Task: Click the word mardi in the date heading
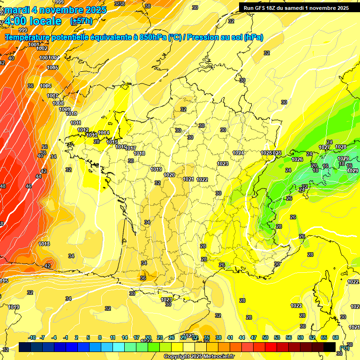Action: coord(17,10)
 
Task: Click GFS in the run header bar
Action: coord(265,8)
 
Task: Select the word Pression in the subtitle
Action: coord(202,37)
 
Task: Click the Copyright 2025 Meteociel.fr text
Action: coord(198,356)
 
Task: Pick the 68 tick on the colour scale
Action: coord(336,337)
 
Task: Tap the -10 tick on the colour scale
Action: coord(32,337)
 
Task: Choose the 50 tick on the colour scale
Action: coord(265,337)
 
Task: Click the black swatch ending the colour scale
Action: coord(330,347)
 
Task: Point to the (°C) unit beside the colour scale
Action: coord(345,347)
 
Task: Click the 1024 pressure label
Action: coord(238,153)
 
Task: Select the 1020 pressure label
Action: coord(169,175)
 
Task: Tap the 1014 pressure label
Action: coord(104,133)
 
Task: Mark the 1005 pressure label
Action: coord(52,67)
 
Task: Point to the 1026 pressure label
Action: coord(297,159)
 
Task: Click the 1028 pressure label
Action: coord(341,147)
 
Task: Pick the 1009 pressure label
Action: coord(65,109)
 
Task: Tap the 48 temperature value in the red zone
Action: coord(3,186)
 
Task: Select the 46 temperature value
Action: coord(29,186)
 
